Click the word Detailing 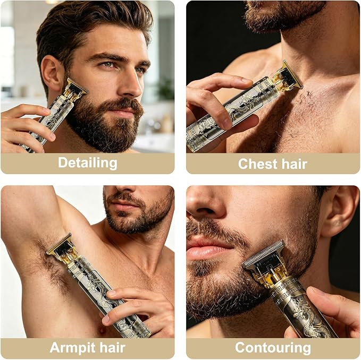pyautogui.click(x=88, y=163)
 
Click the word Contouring pyautogui.click(x=273, y=347)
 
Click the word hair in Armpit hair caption pyautogui.click(x=113, y=347)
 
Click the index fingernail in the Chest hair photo pyautogui.click(x=246, y=80)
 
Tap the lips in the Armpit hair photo pyautogui.click(x=124, y=205)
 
